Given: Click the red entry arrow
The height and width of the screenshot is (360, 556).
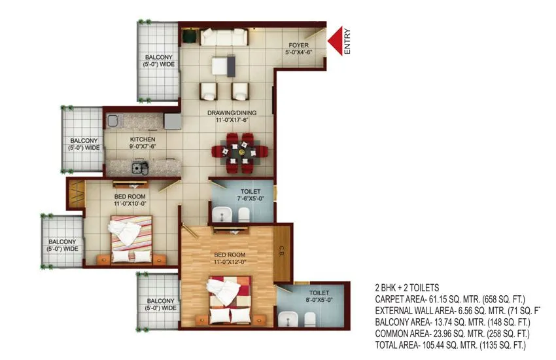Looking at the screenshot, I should coord(336,41).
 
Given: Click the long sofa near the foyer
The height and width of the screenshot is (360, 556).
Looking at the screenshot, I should coord(224,37).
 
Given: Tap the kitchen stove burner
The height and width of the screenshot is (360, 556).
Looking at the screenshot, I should coord(138,167).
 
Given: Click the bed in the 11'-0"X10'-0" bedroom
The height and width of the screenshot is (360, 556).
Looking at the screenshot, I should coord(133,238).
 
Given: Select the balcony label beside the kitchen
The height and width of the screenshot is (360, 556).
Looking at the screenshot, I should coord(85,144).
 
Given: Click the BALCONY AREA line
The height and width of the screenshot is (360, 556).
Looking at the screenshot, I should coord(451,321).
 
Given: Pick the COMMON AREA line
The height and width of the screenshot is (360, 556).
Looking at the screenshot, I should coord(451,333).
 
